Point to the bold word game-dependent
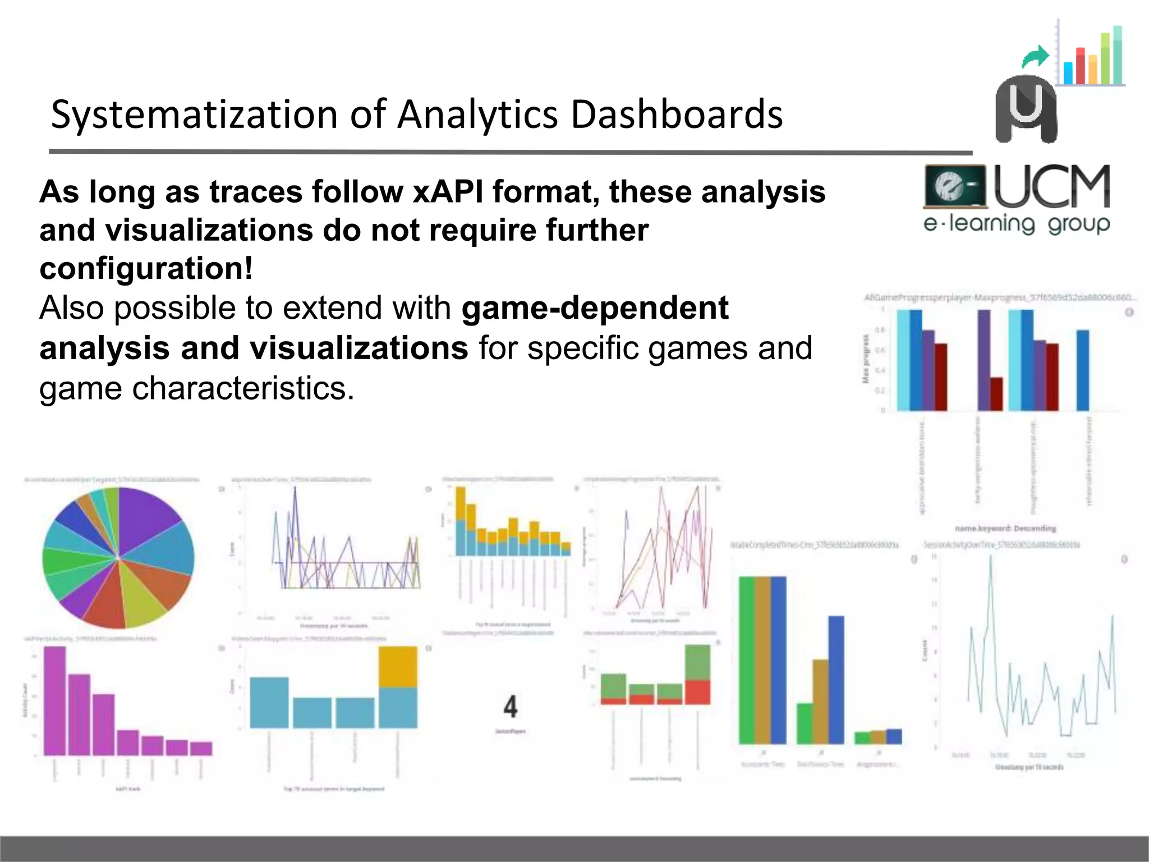(595, 308)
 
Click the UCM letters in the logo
(1052, 186)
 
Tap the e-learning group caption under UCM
(1016, 224)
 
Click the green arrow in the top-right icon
(1035, 56)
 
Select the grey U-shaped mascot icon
(1026, 109)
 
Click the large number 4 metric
(510, 707)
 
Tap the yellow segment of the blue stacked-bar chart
(398, 667)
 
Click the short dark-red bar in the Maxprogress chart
(996, 394)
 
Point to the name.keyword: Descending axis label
(1005, 528)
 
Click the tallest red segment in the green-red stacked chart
(697, 692)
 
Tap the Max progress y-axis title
(866, 359)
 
